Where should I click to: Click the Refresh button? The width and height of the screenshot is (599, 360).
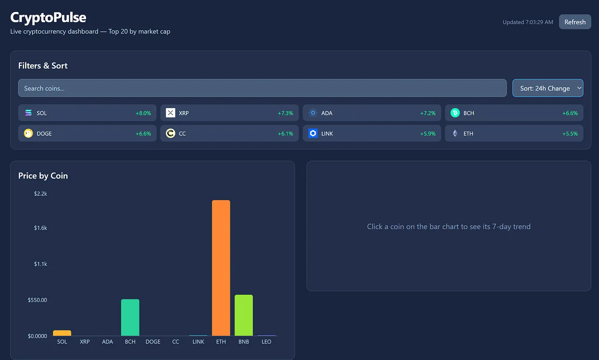tap(575, 22)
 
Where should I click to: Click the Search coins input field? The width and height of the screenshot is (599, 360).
tap(262, 88)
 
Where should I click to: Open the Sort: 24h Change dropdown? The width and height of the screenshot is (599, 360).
tap(548, 88)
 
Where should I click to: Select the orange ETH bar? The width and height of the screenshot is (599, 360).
tap(221, 267)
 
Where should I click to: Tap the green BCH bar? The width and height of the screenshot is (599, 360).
tap(130, 317)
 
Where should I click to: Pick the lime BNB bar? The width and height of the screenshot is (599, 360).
tap(244, 315)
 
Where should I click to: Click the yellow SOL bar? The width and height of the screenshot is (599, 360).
tap(62, 333)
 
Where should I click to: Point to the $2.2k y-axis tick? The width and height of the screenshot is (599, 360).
tap(40, 194)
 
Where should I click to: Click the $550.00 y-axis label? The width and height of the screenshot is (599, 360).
tap(37, 300)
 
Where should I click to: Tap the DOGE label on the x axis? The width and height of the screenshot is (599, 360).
tap(153, 342)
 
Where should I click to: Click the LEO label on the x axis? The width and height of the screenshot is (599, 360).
tap(267, 342)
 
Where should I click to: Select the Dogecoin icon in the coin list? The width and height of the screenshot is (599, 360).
tap(28, 133)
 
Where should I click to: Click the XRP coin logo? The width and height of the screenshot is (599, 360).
tap(170, 113)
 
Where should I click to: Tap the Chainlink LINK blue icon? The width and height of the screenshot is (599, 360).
tap(313, 133)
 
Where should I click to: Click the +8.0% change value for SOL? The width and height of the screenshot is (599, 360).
tap(143, 113)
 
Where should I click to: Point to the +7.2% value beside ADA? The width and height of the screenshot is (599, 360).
tap(428, 113)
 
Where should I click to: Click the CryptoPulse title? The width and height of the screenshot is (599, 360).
tap(48, 17)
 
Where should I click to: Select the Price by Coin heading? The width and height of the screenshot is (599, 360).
tap(43, 176)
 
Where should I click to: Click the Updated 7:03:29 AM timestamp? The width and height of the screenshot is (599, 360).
tap(528, 22)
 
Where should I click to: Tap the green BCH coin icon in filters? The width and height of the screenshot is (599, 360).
tap(455, 113)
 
